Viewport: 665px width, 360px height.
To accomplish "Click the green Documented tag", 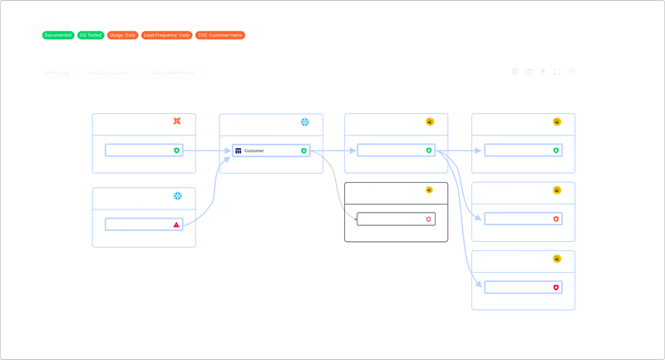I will coord(57,36).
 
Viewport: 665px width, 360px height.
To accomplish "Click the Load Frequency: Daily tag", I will coord(166,36).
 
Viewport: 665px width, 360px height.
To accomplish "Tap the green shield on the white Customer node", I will coord(304,151).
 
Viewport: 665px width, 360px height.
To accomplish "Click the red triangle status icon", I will coord(176,224).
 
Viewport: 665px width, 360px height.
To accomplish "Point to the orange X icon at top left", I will coord(176,121).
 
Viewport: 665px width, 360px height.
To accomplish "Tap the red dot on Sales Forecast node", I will coord(429,219).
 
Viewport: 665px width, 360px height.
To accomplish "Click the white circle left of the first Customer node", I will coord(99,150).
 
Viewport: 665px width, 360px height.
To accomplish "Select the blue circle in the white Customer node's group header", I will coord(304,122).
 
